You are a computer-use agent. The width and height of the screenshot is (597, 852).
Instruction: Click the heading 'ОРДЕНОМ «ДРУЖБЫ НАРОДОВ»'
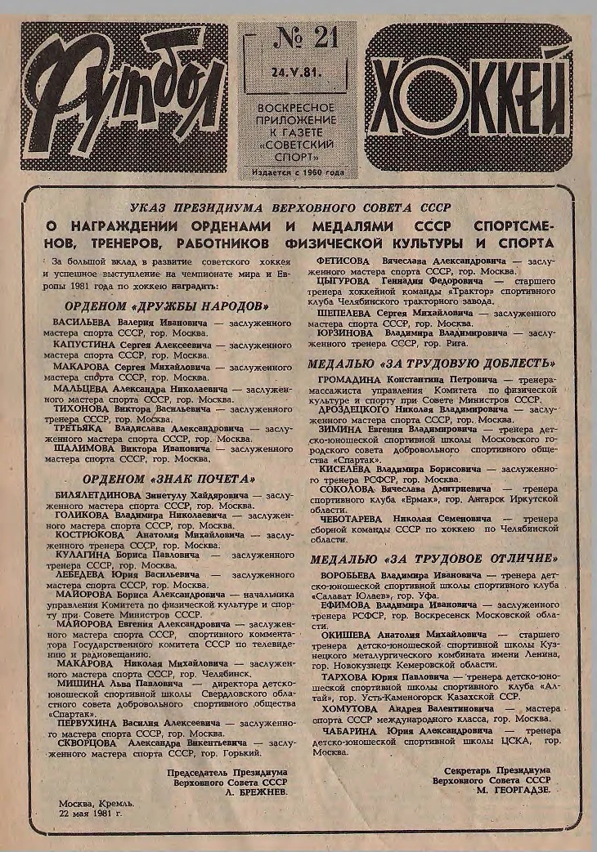coord(167,306)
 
